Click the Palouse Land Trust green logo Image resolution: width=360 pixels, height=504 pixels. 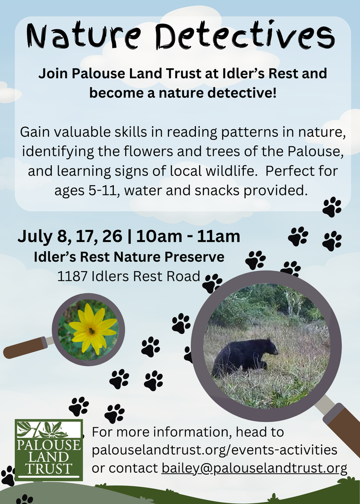(48, 450)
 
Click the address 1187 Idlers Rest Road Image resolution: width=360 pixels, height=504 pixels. (129, 276)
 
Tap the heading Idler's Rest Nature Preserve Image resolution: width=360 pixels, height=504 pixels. (129, 257)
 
